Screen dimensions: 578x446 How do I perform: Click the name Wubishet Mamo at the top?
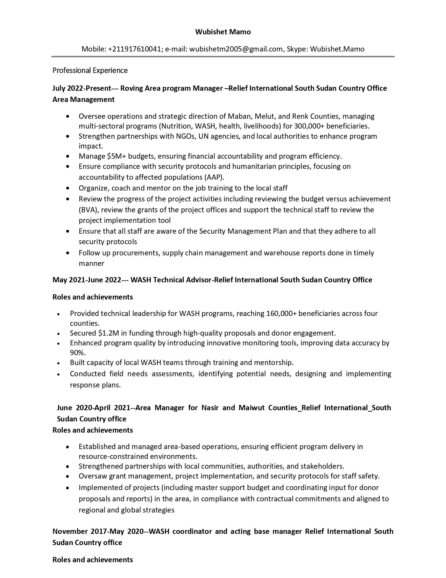pyautogui.click(x=223, y=32)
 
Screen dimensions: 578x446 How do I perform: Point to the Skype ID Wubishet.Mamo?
pyautogui.click(x=337, y=49)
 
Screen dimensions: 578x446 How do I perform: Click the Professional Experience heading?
pyautogui.click(x=90, y=70)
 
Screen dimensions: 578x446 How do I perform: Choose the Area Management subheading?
pyautogui.click(x=83, y=99)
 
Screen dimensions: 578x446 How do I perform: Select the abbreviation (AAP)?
pyautogui.click(x=214, y=177)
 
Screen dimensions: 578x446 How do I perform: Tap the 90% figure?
pyautogui.click(x=76, y=352)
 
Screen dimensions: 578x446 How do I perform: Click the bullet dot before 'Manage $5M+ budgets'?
pyautogui.click(x=68, y=156)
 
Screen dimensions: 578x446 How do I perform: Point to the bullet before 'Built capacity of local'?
pyautogui.click(x=59, y=363)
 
